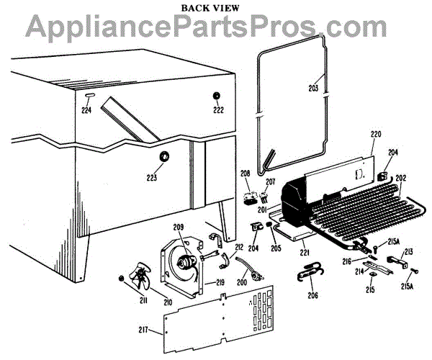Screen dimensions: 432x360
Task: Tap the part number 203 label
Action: pyautogui.click(x=313, y=89)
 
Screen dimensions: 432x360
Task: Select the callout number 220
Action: pyautogui.click(x=376, y=133)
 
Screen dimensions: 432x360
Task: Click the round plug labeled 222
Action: pyautogui.click(x=217, y=96)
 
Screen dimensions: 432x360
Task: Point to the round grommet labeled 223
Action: pyautogui.click(x=163, y=156)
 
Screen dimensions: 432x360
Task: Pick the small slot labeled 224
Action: pyautogui.click(x=87, y=96)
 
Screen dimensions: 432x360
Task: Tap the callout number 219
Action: pyautogui.click(x=218, y=282)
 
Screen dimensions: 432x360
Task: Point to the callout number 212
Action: pyautogui.click(x=239, y=247)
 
